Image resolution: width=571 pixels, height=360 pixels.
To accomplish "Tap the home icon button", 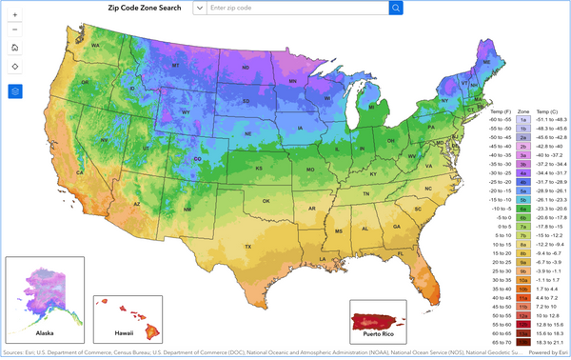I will click(15, 47).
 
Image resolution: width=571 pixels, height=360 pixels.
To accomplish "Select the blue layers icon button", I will click(15, 91).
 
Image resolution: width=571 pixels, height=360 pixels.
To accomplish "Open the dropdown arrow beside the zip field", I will click(199, 8).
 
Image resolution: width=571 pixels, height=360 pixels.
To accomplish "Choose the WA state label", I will click(95, 46).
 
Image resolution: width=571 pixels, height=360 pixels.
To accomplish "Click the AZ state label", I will click(137, 203).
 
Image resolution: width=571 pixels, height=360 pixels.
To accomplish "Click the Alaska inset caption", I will click(45, 334).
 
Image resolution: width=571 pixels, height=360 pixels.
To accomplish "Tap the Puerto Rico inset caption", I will click(379, 335).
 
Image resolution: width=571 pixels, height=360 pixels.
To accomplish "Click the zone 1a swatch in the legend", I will click(523, 119).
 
